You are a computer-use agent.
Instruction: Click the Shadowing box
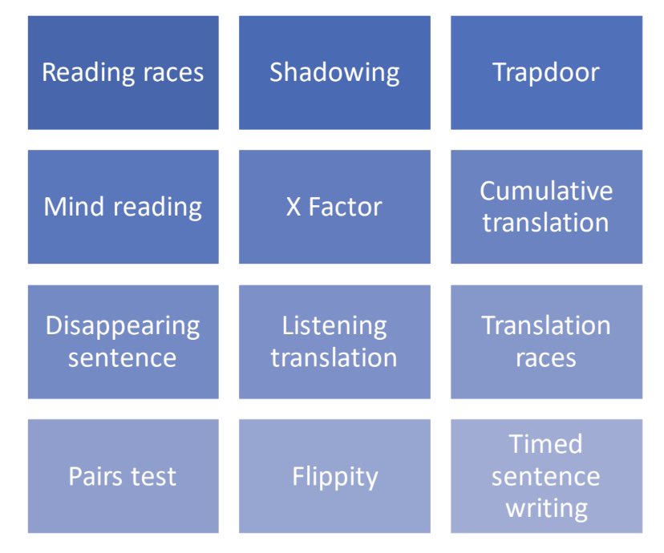334,73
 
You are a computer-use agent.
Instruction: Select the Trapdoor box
546,73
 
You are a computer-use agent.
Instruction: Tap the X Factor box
334,207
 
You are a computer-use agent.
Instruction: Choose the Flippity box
334,476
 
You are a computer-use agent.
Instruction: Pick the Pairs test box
123,476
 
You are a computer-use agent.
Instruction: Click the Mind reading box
123,207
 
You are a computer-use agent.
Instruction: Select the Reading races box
123,73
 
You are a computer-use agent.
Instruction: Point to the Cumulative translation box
546,207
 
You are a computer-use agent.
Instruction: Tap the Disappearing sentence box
123,341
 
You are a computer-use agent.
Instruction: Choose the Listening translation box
334,341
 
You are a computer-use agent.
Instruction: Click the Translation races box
546,341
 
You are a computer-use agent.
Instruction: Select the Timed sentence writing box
546,476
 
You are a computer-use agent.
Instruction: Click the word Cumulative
546,191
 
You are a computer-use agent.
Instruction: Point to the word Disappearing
123,326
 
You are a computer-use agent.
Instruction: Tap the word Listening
334,326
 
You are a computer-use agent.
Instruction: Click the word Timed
546,444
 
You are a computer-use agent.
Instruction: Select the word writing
546,508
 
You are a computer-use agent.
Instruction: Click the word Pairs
95,476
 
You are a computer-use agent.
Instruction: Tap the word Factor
346,207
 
